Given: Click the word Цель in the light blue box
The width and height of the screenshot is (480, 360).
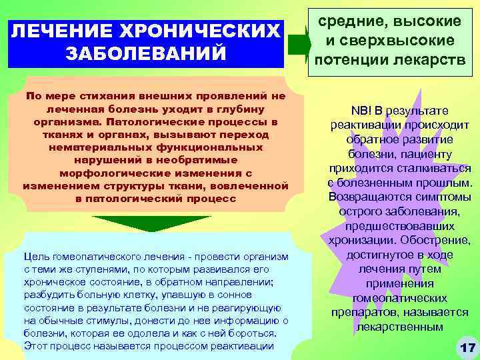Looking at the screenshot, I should [35, 257].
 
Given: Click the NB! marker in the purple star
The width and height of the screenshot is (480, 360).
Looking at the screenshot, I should [361, 111].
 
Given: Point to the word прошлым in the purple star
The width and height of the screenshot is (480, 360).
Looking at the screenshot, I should [446, 183].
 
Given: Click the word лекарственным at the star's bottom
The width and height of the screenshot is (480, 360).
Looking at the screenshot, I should [399, 327].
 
